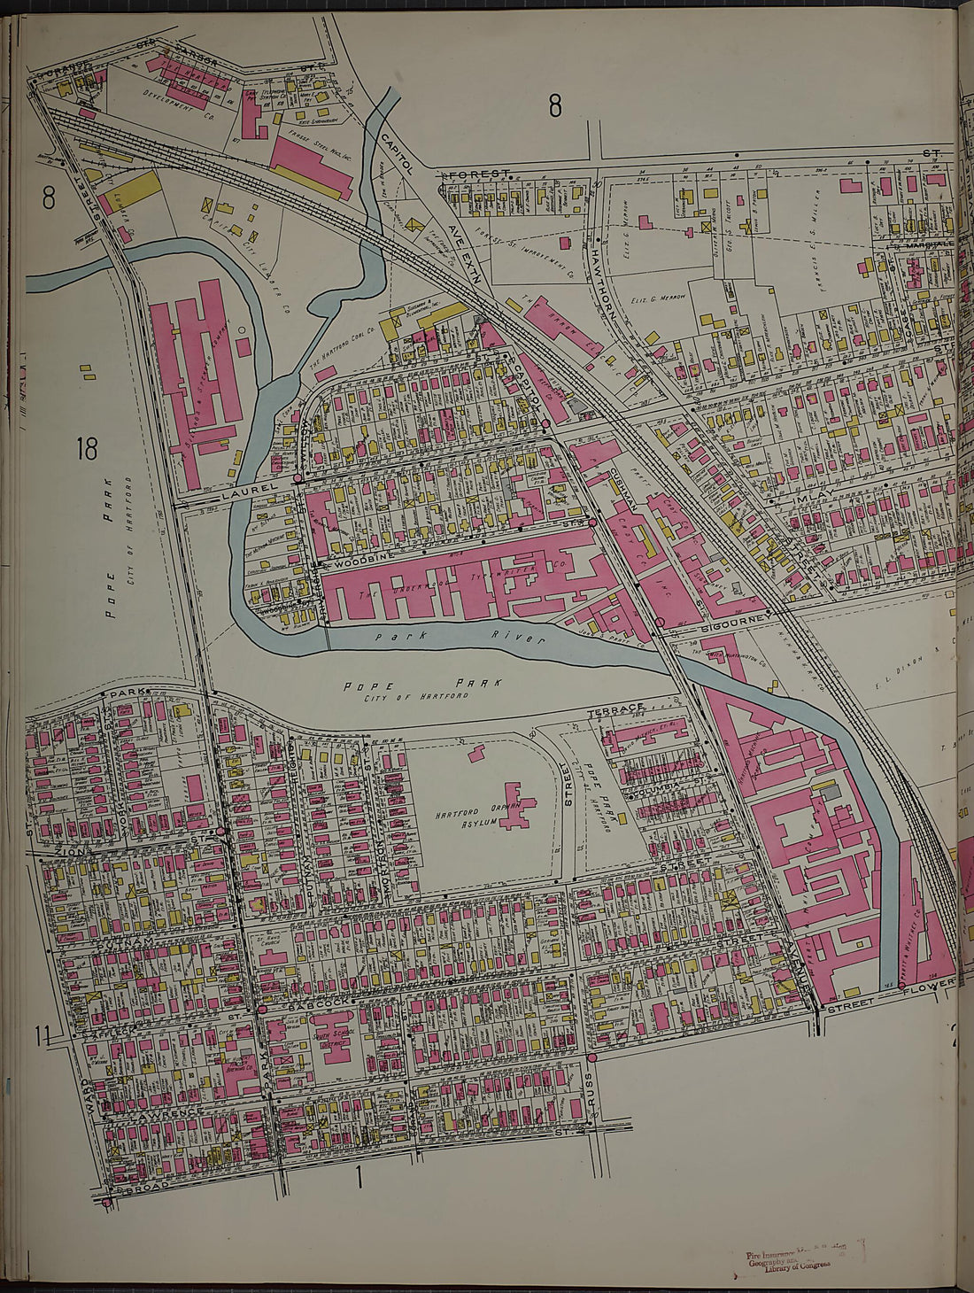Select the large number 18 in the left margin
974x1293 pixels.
pos(86,450)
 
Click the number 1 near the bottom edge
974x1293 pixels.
pos(359,1178)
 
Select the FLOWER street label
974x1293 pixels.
pos(929,984)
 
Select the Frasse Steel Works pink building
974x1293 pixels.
pos(310,166)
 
